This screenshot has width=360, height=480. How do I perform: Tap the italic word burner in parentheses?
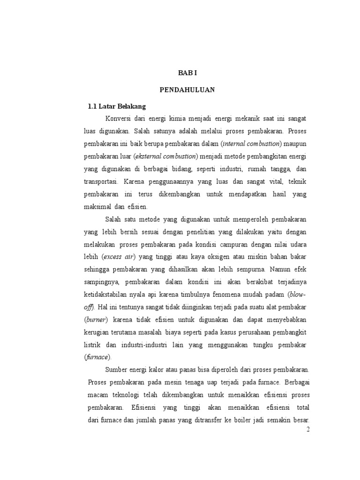96,320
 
